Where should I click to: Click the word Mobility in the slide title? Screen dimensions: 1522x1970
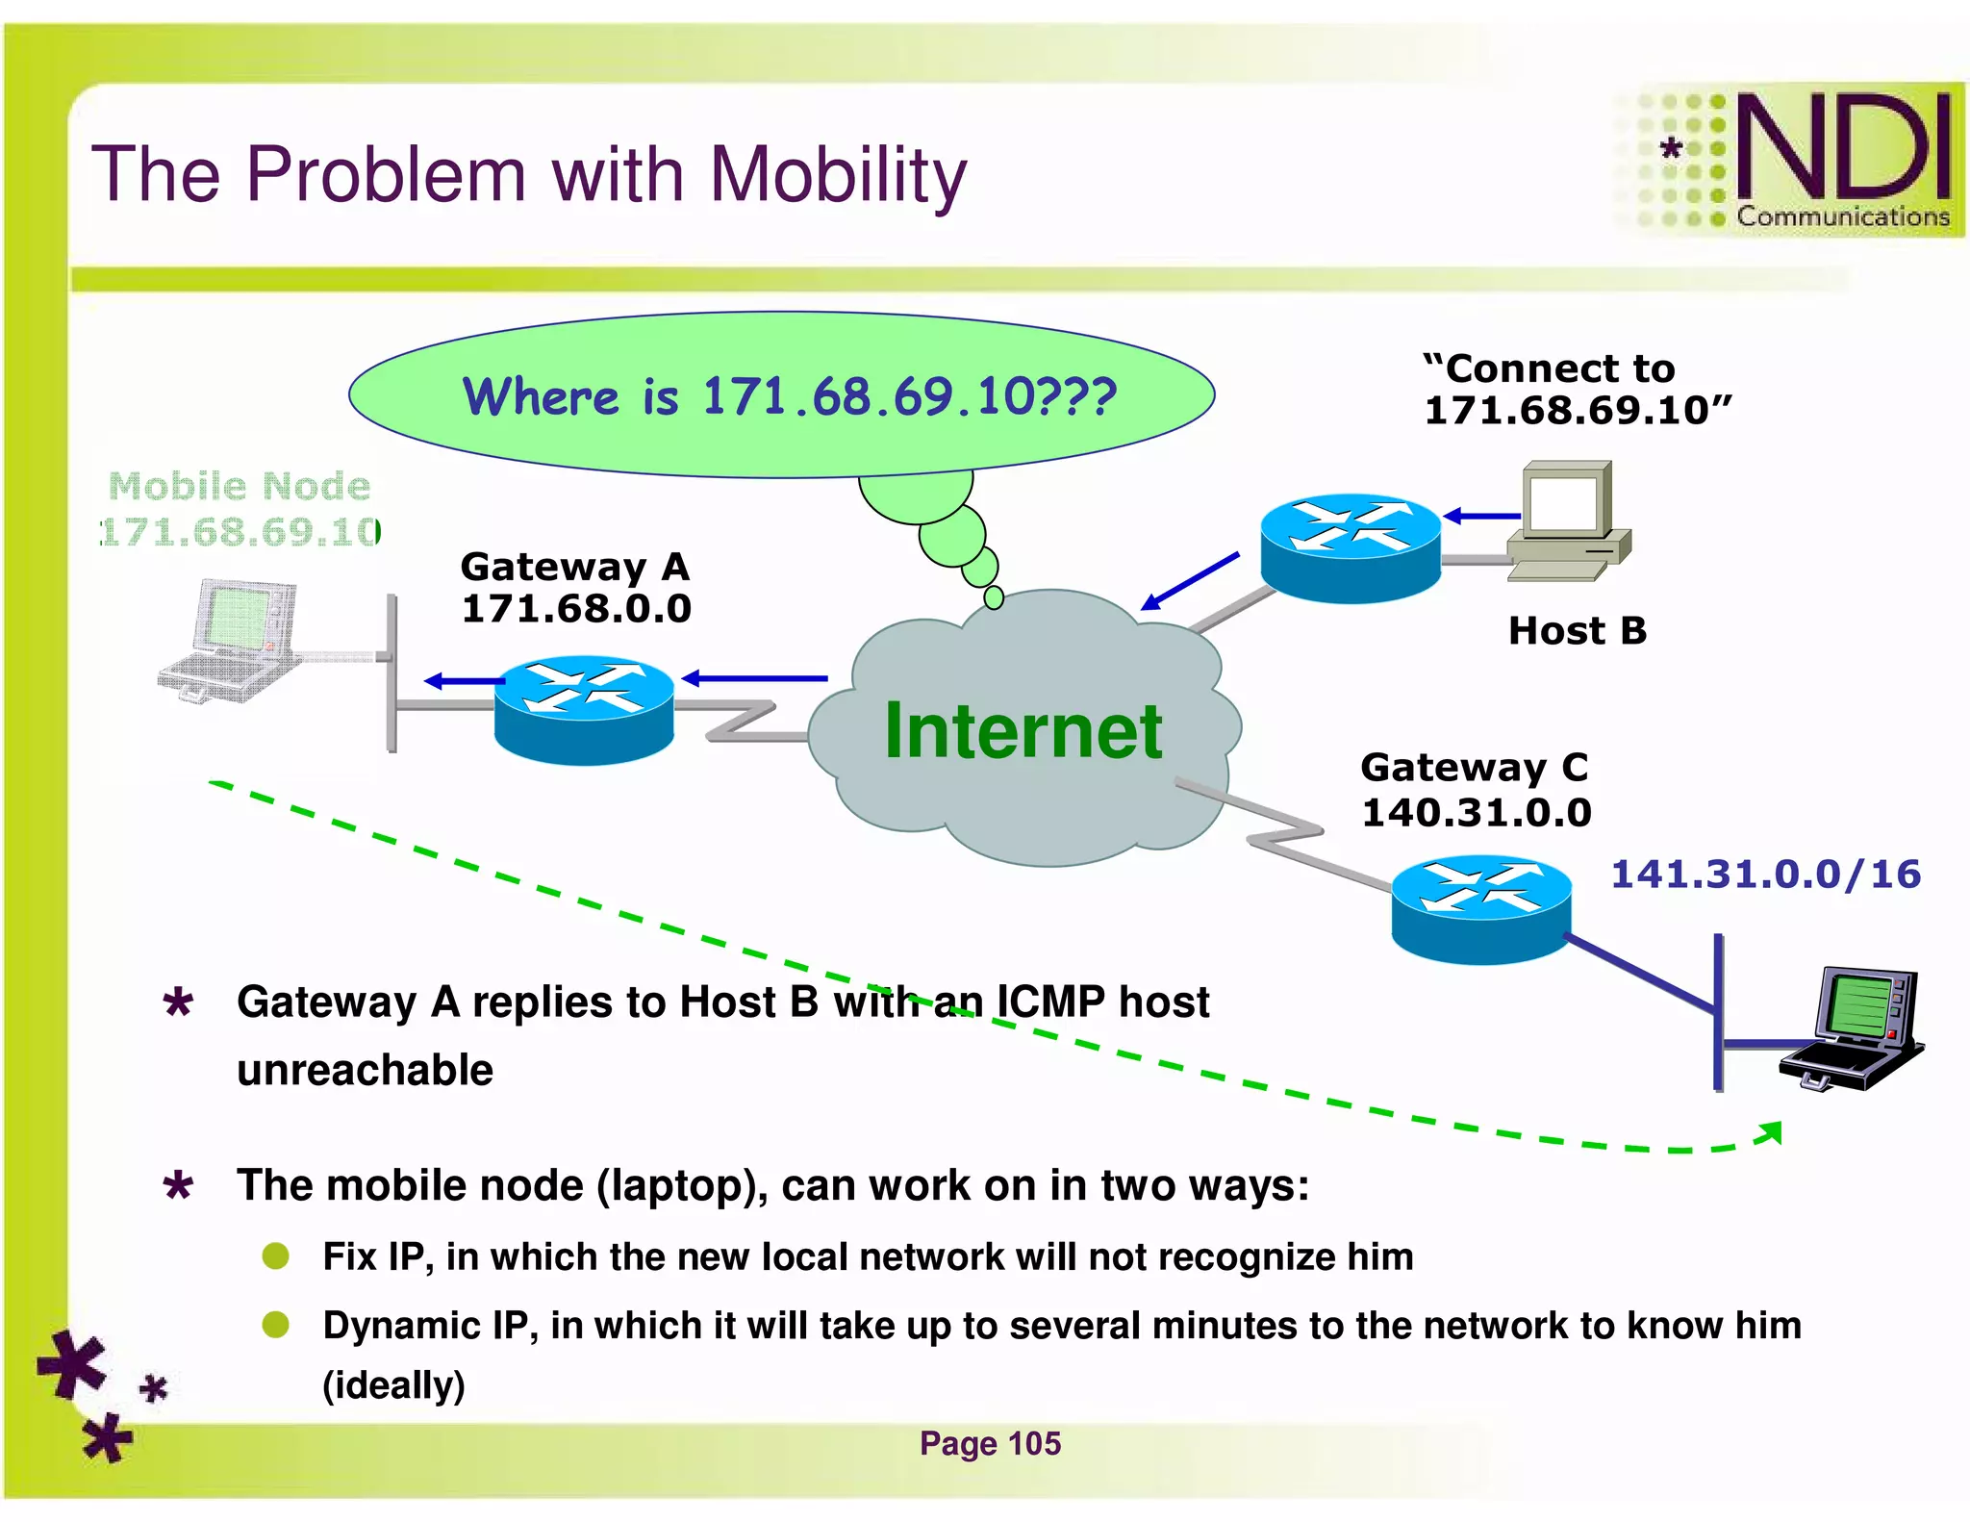point(837,176)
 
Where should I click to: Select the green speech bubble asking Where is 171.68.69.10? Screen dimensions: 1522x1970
point(781,395)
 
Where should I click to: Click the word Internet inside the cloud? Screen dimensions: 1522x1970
point(1023,731)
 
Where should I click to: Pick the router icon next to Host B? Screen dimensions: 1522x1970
point(1350,547)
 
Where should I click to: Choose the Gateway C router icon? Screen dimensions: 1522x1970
point(1480,908)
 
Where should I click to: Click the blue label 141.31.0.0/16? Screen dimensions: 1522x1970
point(1765,875)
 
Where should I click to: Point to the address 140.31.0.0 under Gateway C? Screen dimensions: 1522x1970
point(1476,813)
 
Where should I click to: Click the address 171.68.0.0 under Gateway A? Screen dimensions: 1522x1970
point(576,609)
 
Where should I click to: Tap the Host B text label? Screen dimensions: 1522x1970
point(1577,631)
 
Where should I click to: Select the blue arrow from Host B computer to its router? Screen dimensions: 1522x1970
point(1481,517)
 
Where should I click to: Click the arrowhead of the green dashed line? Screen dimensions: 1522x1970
point(1771,1132)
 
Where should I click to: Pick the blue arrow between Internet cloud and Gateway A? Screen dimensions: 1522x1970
point(754,678)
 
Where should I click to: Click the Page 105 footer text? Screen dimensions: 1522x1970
point(990,1443)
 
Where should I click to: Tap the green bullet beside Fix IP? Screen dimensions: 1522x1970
point(276,1256)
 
